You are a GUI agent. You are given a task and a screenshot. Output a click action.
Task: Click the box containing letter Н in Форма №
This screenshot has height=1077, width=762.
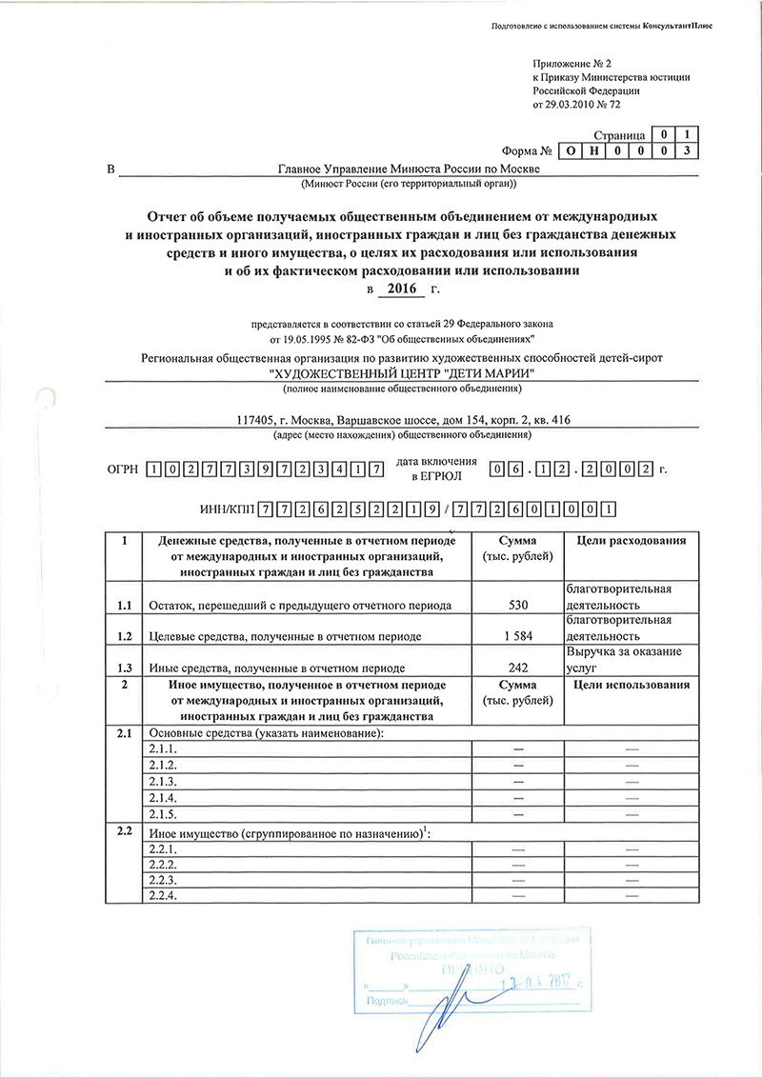[592, 152]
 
